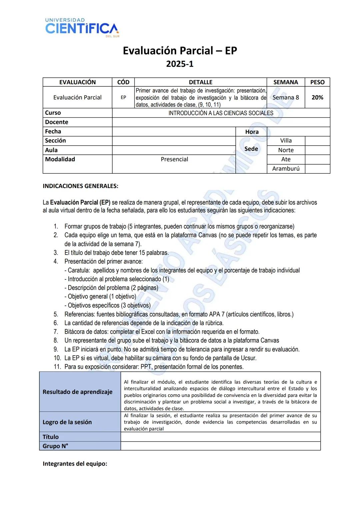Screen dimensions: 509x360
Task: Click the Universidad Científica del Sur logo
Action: (x=82, y=27)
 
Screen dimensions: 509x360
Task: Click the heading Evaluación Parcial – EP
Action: (x=180, y=51)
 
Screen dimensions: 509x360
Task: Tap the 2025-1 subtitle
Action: (x=180, y=64)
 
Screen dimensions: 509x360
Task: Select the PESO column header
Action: (x=317, y=82)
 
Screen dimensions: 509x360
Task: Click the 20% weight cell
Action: (x=317, y=97)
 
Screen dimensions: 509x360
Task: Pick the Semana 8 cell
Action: (x=286, y=97)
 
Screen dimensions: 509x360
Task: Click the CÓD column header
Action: (x=123, y=82)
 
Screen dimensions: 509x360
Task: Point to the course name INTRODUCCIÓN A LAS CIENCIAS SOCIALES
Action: (x=221, y=113)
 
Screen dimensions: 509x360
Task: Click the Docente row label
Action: (x=57, y=122)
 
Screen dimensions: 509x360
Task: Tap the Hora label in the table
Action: (x=252, y=132)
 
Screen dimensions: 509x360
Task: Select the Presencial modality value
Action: (x=174, y=159)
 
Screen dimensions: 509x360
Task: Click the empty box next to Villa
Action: (x=317, y=141)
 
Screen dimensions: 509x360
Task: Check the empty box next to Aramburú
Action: (x=317, y=169)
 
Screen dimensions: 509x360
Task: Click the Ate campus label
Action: (x=286, y=159)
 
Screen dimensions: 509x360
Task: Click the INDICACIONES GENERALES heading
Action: (x=80, y=186)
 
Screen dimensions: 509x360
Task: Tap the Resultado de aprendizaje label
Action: (x=77, y=392)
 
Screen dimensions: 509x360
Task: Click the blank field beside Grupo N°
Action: (x=220, y=446)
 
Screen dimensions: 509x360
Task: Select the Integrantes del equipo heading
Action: (x=75, y=464)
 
